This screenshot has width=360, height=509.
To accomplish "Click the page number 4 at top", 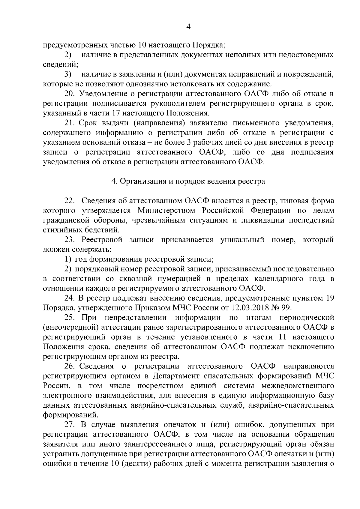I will tap(188, 27).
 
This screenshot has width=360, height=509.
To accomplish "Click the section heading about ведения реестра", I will tap(188, 181).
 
